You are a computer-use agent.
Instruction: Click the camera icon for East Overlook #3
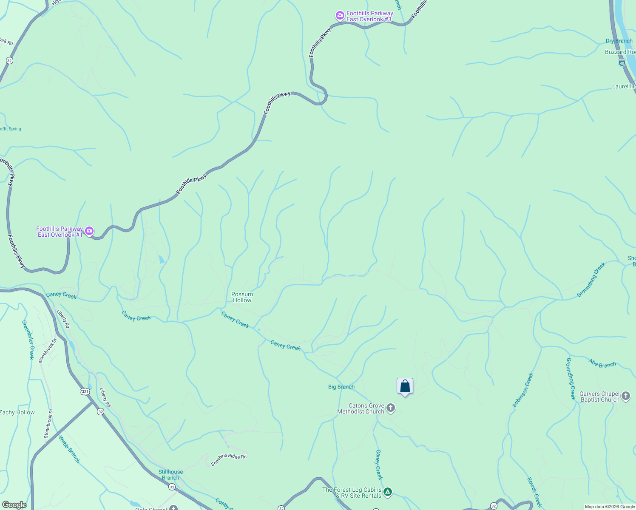[340, 16]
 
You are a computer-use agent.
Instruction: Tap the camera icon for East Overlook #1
[89, 231]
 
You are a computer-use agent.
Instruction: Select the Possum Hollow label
[242, 297]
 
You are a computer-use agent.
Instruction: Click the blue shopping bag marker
[405, 386]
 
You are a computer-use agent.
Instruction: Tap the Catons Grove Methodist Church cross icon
[391, 408]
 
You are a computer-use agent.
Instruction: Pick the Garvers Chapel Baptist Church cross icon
[626, 397]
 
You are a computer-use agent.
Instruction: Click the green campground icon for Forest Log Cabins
[387, 492]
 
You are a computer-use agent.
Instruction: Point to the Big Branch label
[341, 387]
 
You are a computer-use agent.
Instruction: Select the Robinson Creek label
[523, 390]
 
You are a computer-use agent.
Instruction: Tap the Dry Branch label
[619, 41]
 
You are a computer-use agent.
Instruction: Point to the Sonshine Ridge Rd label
[229, 459]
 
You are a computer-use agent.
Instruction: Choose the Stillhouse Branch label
[170, 475]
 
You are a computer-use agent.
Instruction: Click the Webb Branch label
[69, 449]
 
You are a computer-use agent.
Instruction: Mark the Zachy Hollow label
[17, 412]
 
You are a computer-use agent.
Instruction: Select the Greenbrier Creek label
[28, 340]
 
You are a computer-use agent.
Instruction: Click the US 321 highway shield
[85, 391]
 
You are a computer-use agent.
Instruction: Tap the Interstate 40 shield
[622, 63]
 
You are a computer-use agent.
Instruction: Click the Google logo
[14, 505]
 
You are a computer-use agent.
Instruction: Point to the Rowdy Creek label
[535, 492]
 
